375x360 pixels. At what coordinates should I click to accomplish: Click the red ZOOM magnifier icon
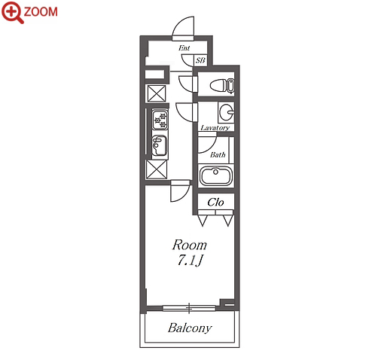coord(13,13)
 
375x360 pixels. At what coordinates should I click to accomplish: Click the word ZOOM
coord(41,12)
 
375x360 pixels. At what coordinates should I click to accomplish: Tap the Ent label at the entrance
coord(184,47)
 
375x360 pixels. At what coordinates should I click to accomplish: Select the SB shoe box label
coord(200,60)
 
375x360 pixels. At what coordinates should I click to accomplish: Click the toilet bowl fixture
coord(222,85)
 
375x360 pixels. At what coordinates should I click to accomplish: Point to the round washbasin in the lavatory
coord(226,112)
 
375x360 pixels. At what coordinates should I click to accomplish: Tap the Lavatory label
coord(215,128)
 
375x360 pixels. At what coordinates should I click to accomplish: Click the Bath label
coord(218,154)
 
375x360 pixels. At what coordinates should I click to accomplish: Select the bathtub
coord(216,175)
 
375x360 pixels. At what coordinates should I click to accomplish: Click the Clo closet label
coord(215,202)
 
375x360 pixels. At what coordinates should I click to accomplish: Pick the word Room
coord(190,245)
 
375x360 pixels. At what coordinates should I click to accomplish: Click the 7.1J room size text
coord(190,261)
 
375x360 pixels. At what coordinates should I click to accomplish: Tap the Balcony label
coord(190,328)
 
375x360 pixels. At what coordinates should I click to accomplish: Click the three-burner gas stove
coord(160,120)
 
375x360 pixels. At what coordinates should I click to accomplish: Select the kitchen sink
coord(160,145)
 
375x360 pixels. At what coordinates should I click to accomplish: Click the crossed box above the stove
coord(157,93)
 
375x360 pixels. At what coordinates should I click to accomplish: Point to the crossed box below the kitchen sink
coord(157,169)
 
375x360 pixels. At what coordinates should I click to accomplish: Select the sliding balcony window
coord(189,308)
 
